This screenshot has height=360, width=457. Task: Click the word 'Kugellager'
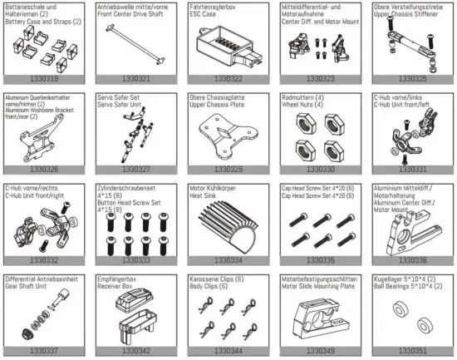(384, 277)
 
